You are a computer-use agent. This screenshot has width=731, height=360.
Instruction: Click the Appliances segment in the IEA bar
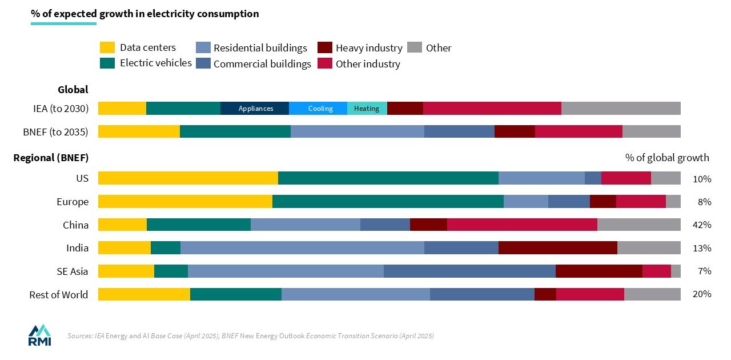(x=255, y=109)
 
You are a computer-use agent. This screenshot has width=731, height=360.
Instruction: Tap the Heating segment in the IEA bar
(x=367, y=109)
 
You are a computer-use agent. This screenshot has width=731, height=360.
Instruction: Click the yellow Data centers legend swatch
(x=107, y=47)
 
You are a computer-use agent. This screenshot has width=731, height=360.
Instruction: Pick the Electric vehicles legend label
(x=155, y=63)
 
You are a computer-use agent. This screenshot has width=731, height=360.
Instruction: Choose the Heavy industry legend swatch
(x=325, y=47)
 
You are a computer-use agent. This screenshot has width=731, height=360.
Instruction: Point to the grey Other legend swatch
(x=415, y=47)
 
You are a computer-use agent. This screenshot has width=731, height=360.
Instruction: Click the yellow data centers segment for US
(x=188, y=178)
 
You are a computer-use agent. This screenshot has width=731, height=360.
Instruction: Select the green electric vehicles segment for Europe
(x=388, y=201)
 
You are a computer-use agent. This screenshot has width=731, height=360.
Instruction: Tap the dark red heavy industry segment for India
(x=557, y=247)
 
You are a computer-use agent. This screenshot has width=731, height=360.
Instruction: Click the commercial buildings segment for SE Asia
(x=469, y=271)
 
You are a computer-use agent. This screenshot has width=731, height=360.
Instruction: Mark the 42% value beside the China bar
(x=701, y=225)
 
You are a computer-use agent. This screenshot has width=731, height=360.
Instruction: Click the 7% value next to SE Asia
(x=704, y=271)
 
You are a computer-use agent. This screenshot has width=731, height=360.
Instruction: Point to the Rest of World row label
(x=59, y=294)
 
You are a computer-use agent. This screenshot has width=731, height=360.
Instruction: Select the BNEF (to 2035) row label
(x=55, y=132)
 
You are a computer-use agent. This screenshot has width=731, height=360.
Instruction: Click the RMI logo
(x=39, y=335)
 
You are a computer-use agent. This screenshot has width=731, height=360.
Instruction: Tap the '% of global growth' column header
(x=667, y=158)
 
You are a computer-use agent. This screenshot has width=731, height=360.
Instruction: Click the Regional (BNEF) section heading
(x=51, y=158)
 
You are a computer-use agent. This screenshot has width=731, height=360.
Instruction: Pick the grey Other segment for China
(x=638, y=225)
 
